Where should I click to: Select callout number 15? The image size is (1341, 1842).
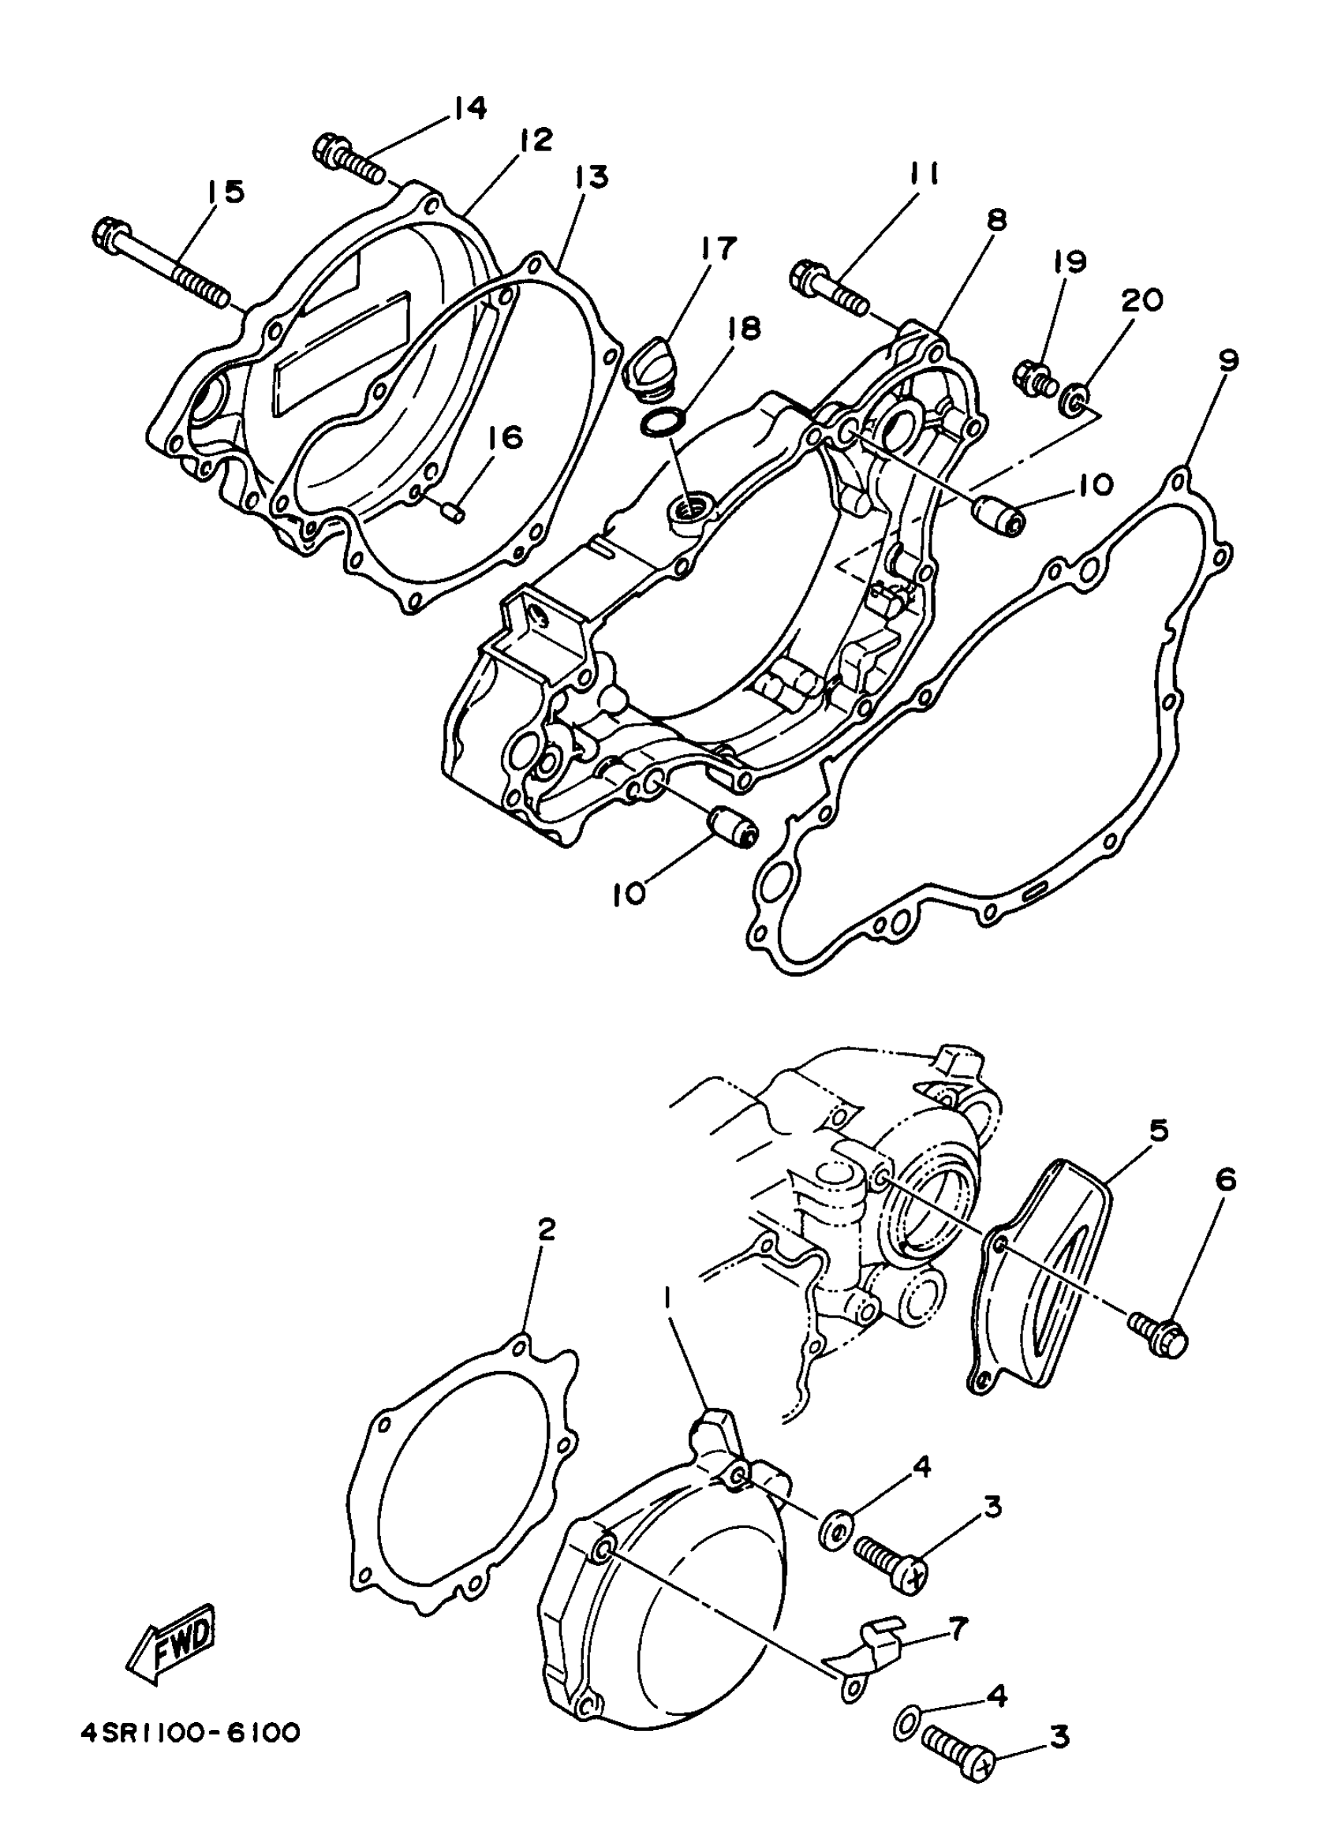point(222,192)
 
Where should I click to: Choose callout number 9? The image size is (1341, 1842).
point(1228,360)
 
